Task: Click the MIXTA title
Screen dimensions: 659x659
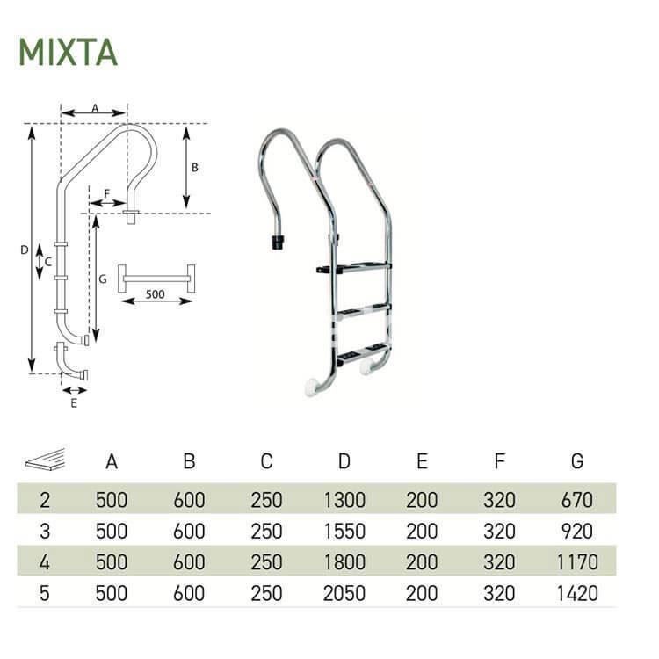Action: pyautogui.click(x=68, y=53)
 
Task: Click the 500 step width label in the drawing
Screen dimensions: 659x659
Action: pyautogui.click(x=155, y=294)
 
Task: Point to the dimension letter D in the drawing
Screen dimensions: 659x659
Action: pyautogui.click(x=24, y=250)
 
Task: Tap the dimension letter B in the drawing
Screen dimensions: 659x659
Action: pyautogui.click(x=195, y=166)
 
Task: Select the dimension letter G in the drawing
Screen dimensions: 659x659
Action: pyautogui.click(x=102, y=279)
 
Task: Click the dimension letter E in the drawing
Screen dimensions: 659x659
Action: pyautogui.click(x=74, y=403)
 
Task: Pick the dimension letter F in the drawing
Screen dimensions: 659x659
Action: pyautogui.click(x=106, y=192)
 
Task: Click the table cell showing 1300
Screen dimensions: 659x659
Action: pyautogui.click(x=344, y=500)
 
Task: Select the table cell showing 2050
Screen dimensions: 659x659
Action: pyautogui.click(x=344, y=593)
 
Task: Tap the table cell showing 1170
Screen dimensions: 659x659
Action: pyautogui.click(x=576, y=561)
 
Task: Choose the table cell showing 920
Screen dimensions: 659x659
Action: pyautogui.click(x=576, y=531)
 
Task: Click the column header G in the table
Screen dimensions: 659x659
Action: pyautogui.click(x=576, y=461)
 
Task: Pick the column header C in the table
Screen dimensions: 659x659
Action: pyautogui.click(x=266, y=461)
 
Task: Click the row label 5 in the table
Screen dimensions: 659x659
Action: pyautogui.click(x=45, y=593)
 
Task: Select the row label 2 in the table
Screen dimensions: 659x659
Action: pyautogui.click(x=45, y=500)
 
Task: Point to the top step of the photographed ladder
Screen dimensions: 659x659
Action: pyautogui.click(x=356, y=266)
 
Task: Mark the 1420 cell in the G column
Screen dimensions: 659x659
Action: pyautogui.click(x=576, y=593)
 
